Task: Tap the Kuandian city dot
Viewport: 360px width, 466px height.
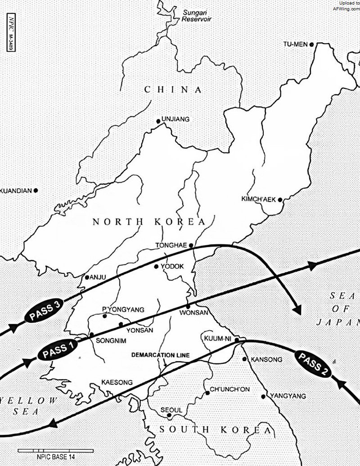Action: pos(36,190)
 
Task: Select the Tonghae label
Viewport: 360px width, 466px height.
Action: pos(171,246)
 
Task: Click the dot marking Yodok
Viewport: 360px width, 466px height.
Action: pos(156,267)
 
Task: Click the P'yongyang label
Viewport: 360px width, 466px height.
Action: pos(123,309)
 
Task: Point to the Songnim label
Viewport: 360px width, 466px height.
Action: pos(109,341)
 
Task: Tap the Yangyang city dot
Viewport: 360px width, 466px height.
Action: pos(263,396)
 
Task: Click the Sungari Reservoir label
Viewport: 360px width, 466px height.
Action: pos(196,16)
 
